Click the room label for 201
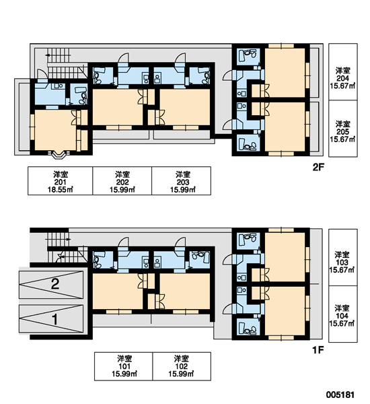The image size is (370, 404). pyautogui.click(x=61, y=180)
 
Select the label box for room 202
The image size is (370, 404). pyautogui.click(x=122, y=180)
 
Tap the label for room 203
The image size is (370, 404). pyautogui.click(x=182, y=180)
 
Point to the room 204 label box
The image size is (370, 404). pyautogui.click(x=343, y=71)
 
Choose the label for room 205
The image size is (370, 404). pyautogui.click(x=343, y=129)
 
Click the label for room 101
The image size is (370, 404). pyautogui.click(x=124, y=366)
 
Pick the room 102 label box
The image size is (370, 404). pyautogui.click(x=182, y=366)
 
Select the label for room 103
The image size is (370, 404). pyautogui.click(x=343, y=257)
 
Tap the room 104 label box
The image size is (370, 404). pyautogui.click(x=343, y=314)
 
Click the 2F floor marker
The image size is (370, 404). pyautogui.click(x=318, y=168)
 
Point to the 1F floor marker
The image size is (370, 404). pyautogui.click(x=318, y=350)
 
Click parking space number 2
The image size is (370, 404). pyautogui.click(x=55, y=284)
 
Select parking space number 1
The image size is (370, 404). pyautogui.click(x=55, y=319)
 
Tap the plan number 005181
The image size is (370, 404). pyautogui.click(x=340, y=395)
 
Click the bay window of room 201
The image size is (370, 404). pyautogui.click(x=60, y=156)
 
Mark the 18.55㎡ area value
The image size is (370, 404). pyautogui.click(x=61, y=190)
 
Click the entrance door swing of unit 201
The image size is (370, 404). pyautogui.click(x=42, y=73)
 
